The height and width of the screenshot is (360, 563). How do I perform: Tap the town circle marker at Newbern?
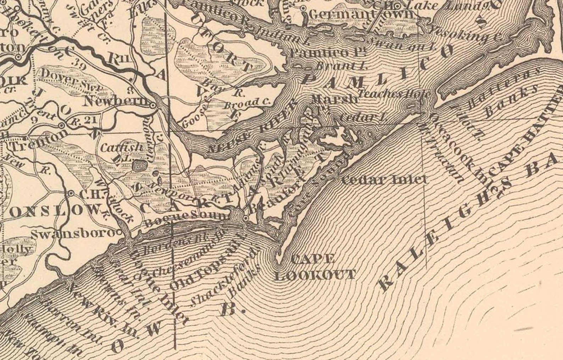tap(152, 106)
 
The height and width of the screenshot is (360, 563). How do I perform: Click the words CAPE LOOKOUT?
tap(315, 266)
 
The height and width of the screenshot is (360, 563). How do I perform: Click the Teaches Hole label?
tap(395, 94)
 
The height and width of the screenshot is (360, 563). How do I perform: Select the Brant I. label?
tap(340, 66)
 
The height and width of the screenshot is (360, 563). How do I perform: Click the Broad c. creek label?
tap(247, 103)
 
